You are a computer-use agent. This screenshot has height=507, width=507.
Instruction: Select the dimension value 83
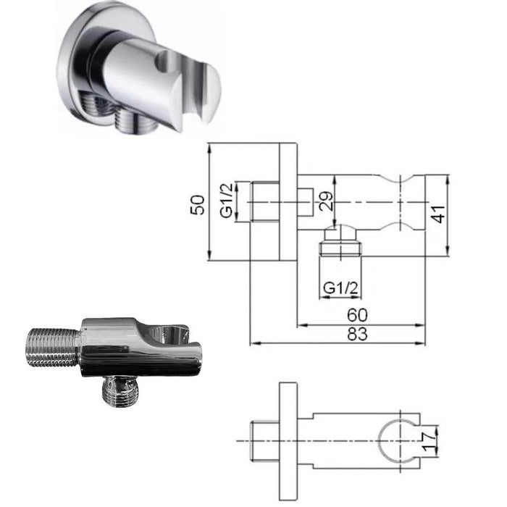click(358, 334)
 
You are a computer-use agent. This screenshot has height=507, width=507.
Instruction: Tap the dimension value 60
click(358, 315)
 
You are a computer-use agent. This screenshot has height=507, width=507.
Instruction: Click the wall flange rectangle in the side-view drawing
click(288, 201)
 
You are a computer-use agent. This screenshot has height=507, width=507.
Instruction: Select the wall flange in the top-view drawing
click(288, 440)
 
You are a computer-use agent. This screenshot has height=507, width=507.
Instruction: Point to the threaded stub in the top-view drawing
click(263, 440)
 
